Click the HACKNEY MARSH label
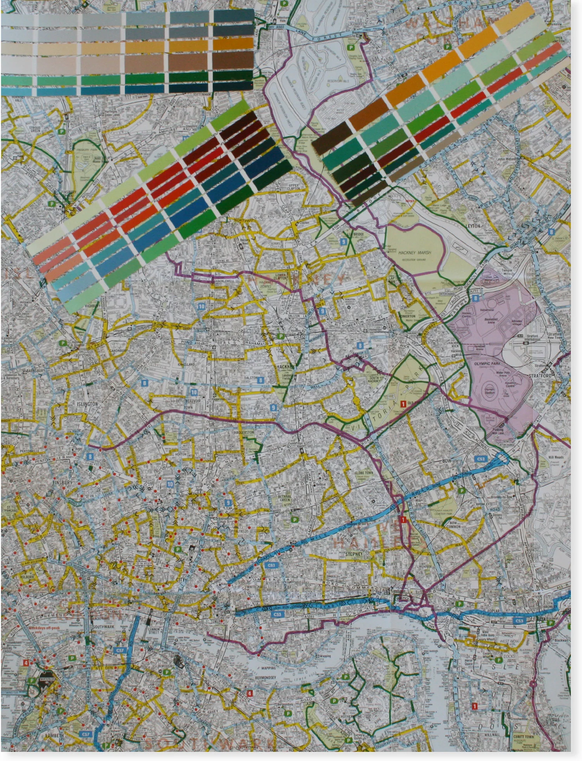coord(414,253)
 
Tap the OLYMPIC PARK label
coord(487,364)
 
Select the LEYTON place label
coord(473,225)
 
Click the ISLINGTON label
coord(87,404)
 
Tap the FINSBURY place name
coord(62,482)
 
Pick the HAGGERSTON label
coord(244,432)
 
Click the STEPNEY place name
coord(353,554)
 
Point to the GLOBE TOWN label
coord(364,473)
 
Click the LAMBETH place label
coord(54,736)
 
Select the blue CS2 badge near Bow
coord(481,459)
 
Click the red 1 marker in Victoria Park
coord(403,404)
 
